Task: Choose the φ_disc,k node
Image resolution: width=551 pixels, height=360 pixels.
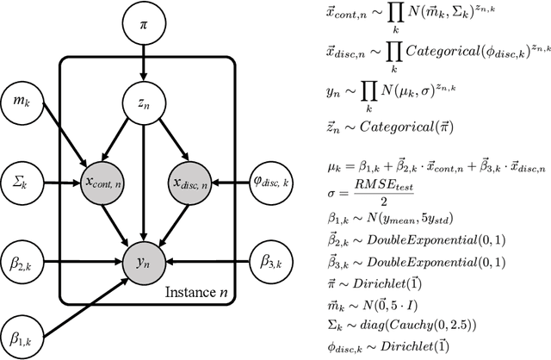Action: [269, 183]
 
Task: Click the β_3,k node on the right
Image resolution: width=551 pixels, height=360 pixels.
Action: [269, 258]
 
